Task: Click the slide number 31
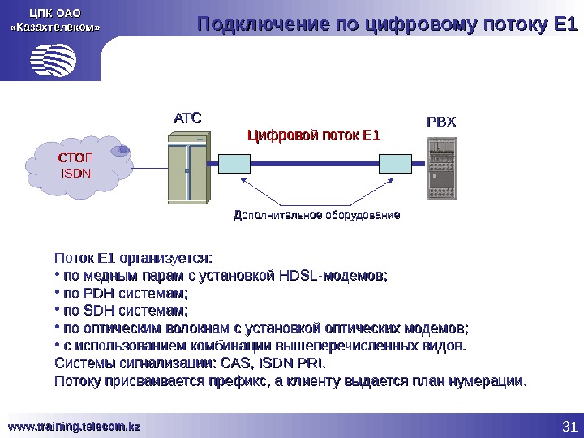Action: tap(569, 427)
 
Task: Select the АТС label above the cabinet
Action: tap(187, 118)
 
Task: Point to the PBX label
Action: tap(442, 122)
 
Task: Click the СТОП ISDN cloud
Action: tap(77, 165)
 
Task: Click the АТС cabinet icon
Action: tap(187, 171)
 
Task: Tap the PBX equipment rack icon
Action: tap(443, 168)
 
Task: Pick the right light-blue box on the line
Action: tap(397, 163)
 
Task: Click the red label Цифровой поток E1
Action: tap(313, 135)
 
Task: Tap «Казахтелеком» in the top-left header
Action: tap(55, 28)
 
